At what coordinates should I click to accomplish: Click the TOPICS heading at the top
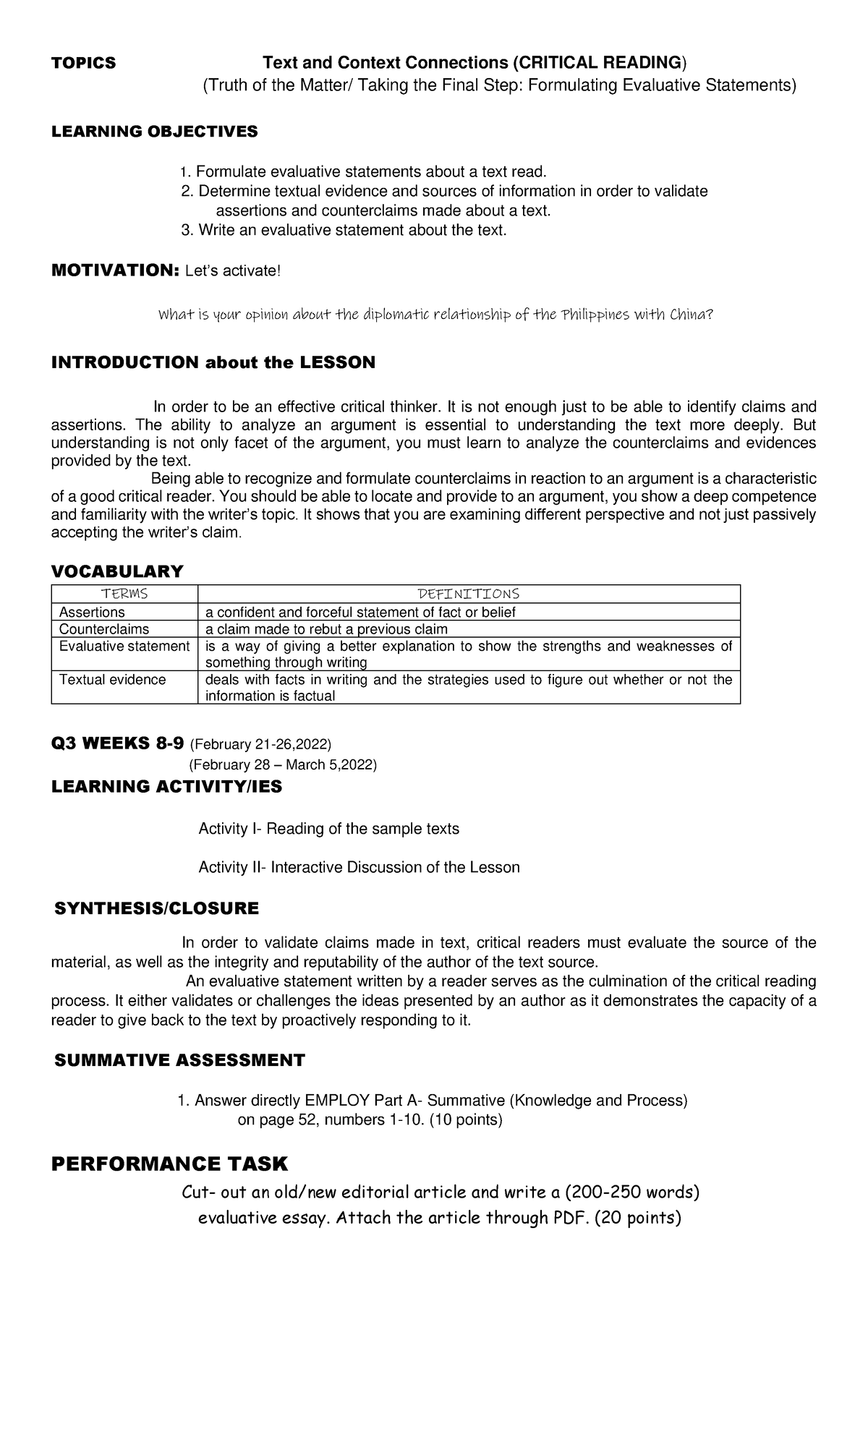coord(83,63)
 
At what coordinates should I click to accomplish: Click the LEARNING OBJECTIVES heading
coord(154,131)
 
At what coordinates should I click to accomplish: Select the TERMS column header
coord(124,594)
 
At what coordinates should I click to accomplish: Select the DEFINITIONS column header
coord(469,594)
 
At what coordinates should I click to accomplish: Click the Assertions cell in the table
coord(92,613)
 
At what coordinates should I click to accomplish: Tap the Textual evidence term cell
coord(112,680)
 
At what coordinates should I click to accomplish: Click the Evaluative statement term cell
coord(124,647)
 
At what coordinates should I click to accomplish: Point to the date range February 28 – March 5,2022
coord(282,765)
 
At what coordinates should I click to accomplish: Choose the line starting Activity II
coord(359,867)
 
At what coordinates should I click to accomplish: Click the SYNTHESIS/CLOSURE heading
coord(156,908)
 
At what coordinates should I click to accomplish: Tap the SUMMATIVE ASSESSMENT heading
coord(179,1060)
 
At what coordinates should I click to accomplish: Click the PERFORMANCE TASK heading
coord(169,1164)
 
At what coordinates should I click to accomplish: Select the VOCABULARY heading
coord(116,571)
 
